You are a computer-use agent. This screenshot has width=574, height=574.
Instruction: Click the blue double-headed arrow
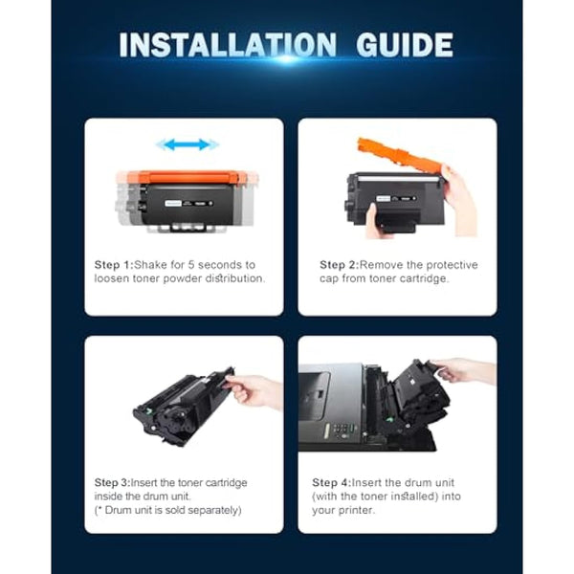[188, 144]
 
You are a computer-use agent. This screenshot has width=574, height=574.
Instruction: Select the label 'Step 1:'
[114, 264]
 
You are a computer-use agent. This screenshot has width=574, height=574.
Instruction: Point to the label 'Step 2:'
[339, 264]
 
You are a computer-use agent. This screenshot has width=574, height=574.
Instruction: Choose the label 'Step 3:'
[114, 481]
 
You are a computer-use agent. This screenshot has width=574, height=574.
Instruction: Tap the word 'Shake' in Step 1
[152, 264]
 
